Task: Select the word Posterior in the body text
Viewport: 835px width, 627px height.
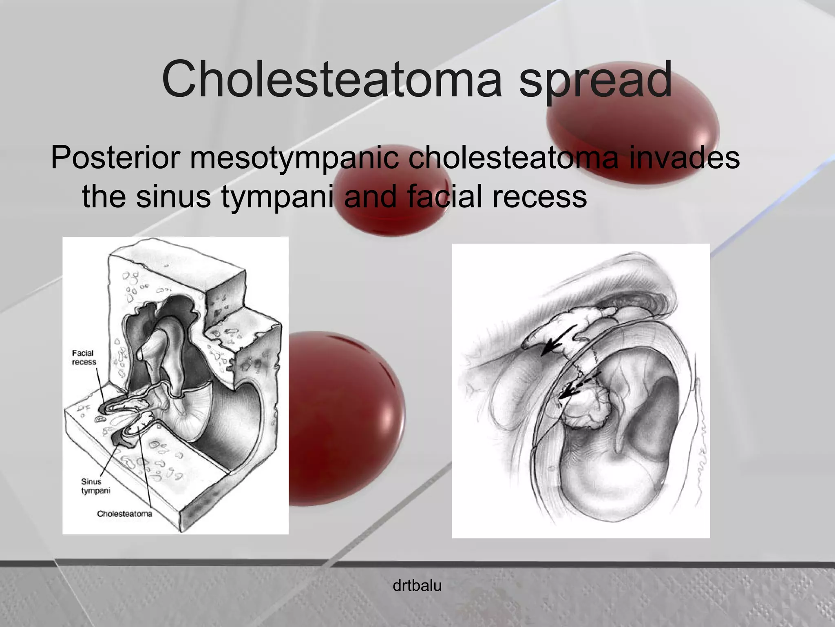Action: pos(116,158)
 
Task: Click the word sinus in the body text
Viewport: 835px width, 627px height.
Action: pos(174,196)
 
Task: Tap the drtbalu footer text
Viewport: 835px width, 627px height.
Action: pos(417,586)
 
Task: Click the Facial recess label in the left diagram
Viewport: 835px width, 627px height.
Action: pos(84,358)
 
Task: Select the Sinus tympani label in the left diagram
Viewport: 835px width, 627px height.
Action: pos(95,486)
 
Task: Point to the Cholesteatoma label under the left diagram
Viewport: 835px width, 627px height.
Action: pos(124,514)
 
